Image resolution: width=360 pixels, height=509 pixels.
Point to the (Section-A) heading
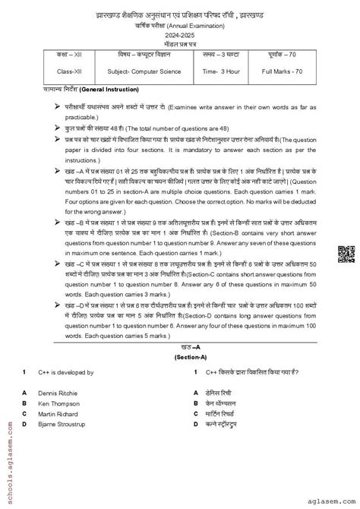point(179,356)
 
